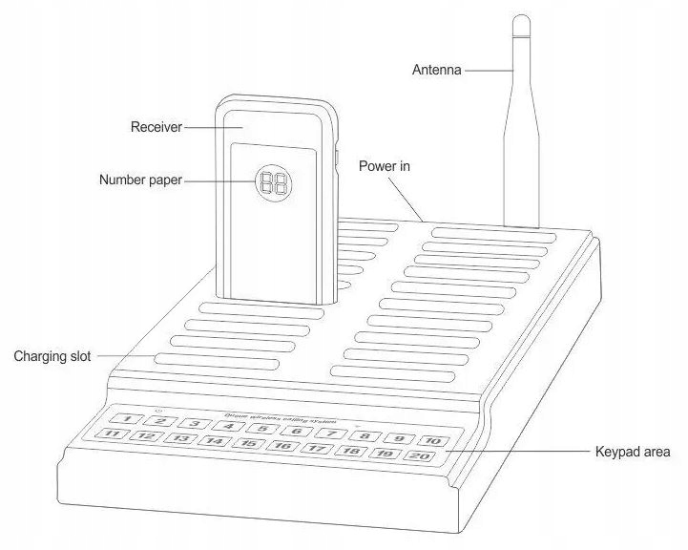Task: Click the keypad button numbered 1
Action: point(128,418)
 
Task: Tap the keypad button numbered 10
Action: point(432,440)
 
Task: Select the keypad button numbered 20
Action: point(419,456)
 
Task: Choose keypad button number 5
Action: point(261,428)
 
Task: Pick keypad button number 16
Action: point(281,446)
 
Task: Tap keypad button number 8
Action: point(365,435)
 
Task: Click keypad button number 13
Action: point(179,438)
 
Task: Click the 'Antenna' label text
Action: point(437,70)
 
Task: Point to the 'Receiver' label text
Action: point(156,126)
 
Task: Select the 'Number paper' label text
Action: point(140,180)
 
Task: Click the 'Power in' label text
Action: point(384,166)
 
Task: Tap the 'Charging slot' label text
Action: point(52,357)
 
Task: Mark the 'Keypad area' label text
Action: point(634,451)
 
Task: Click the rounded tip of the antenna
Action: point(520,21)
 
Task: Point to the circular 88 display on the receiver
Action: point(274,182)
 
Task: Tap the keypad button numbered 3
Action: point(194,423)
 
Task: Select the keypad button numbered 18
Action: point(351,452)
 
